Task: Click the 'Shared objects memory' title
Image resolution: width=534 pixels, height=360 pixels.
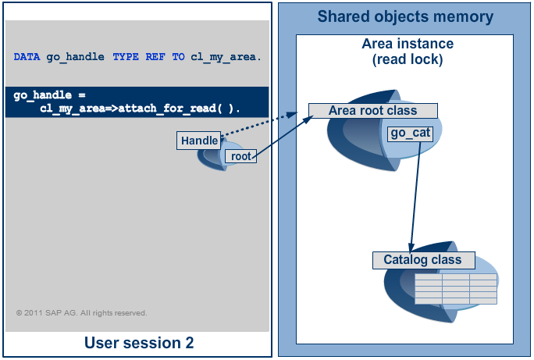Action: pyautogui.click(x=405, y=16)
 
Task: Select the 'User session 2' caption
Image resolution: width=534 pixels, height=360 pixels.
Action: pyautogui.click(x=139, y=343)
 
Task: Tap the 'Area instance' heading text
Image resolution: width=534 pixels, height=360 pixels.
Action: pyautogui.click(x=404, y=45)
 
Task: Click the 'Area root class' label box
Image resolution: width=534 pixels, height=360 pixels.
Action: pyautogui.click(x=372, y=111)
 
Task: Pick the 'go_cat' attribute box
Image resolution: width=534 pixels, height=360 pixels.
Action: pyautogui.click(x=411, y=134)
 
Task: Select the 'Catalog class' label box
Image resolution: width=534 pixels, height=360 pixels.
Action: pyautogui.click(x=422, y=260)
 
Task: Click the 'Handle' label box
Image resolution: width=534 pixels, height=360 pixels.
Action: pyautogui.click(x=199, y=141)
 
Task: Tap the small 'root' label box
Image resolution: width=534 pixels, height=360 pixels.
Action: pyautogui.click(x=241, y=156)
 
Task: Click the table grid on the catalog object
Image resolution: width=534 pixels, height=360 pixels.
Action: pyautogui.click(x=455, y=289)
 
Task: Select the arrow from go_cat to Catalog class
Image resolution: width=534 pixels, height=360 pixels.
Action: pyautogui.click(x=415, y=195)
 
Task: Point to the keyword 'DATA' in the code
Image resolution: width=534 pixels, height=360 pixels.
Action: pyautogui.click(x=27, y=57)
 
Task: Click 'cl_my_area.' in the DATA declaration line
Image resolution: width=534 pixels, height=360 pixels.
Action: pyautogui.click(x=226, y=57)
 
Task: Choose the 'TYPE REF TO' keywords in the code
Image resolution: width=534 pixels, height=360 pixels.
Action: pyautogui.click(x=149, y=57)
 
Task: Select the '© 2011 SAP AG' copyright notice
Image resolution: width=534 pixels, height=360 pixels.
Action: pyautogui.click(x=81, y=313)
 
